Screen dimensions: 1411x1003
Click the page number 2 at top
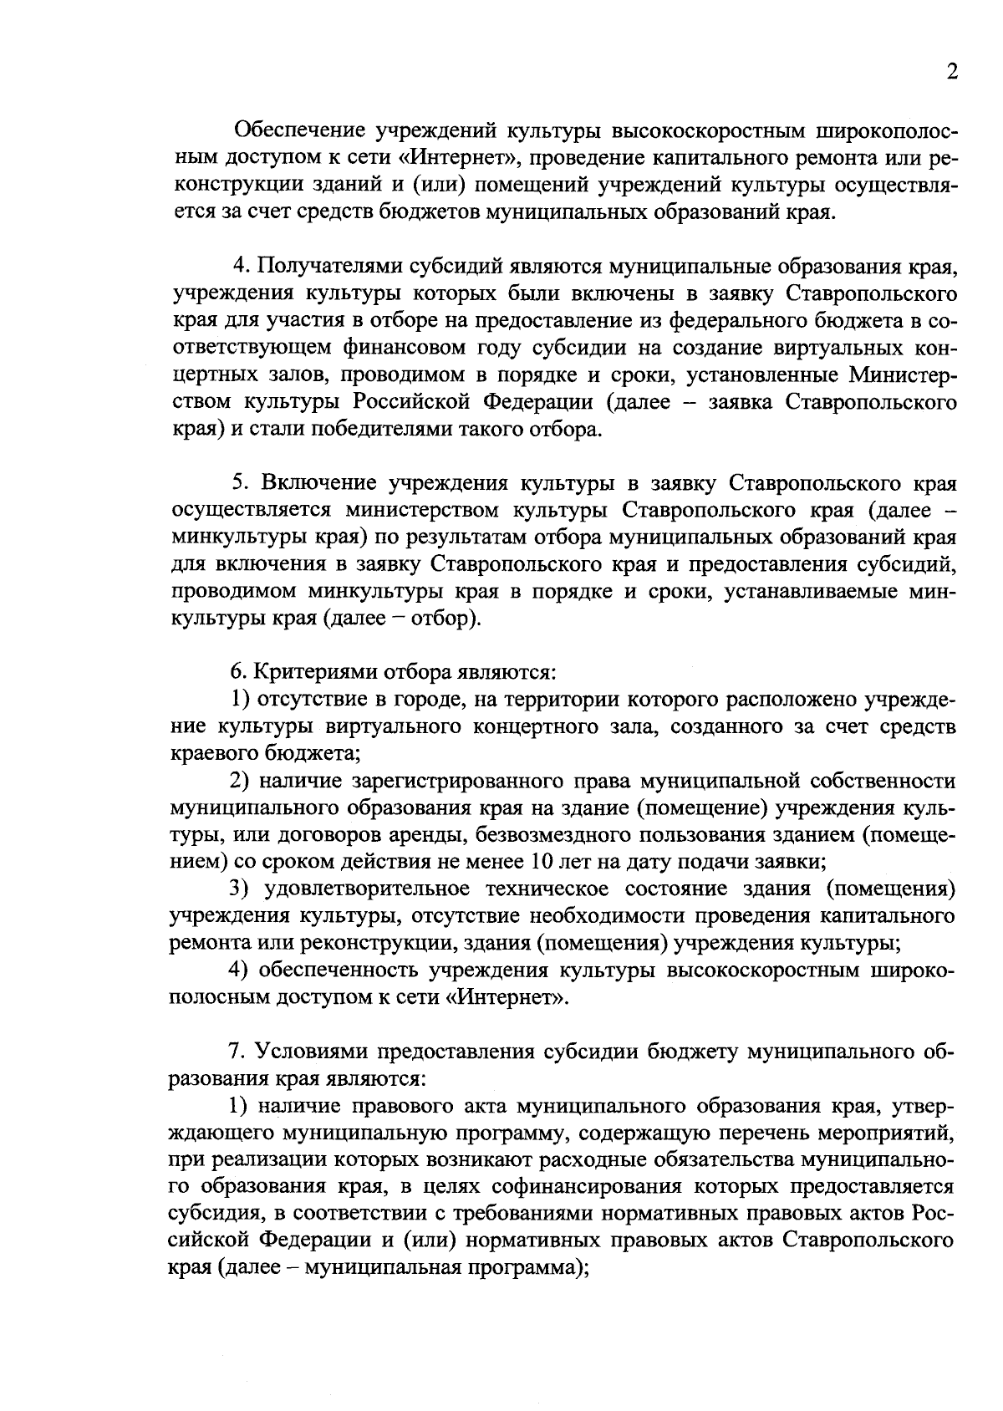pyautogui.click(x=951, y=73)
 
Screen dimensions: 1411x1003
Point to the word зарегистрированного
pyautogui.click(x=455, y=781)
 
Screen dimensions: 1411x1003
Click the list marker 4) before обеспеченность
pyautogui.click(x=242, y=970)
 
